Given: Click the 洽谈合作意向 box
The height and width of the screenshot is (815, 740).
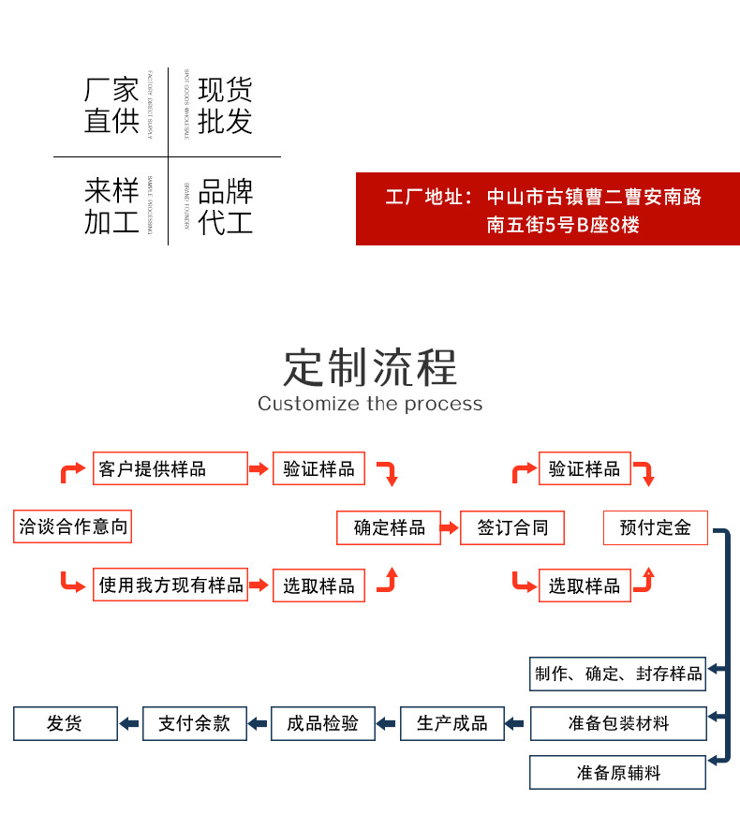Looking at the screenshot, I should pos(72,527).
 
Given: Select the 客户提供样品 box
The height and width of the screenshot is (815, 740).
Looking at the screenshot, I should pos(170,468).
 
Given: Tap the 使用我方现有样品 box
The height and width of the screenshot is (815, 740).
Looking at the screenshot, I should pos(170,585).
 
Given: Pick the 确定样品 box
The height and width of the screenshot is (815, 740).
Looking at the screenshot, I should pos(389,527).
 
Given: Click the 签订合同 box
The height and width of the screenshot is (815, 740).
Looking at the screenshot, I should pos(512,527).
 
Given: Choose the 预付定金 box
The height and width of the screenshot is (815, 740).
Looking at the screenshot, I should pos(655,527).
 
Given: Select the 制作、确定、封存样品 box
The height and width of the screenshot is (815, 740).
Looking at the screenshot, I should pos(618,674).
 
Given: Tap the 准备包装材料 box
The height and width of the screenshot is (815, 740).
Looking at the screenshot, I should pos(618,723).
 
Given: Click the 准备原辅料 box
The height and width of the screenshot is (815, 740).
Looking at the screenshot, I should pos(618,773).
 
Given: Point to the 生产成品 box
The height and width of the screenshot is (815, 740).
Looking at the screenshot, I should pos(451,723).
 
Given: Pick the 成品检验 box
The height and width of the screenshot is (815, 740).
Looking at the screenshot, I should pos(322,723).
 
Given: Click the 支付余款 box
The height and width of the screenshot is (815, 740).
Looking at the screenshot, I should pos(194,723).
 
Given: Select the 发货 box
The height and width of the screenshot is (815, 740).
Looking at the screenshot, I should pos(65,723).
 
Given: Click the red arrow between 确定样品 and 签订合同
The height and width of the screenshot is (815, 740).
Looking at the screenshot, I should pos(448,527).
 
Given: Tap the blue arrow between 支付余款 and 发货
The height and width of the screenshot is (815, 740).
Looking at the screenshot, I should pos(129,723).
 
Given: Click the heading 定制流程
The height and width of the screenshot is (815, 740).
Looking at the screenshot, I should pos(370,366).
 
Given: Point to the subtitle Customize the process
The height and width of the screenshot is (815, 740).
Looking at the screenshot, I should pos(370,404).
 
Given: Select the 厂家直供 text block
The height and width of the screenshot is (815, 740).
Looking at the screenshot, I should pos(111,106).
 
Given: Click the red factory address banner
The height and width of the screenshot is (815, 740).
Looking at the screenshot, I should pos(547,209).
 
